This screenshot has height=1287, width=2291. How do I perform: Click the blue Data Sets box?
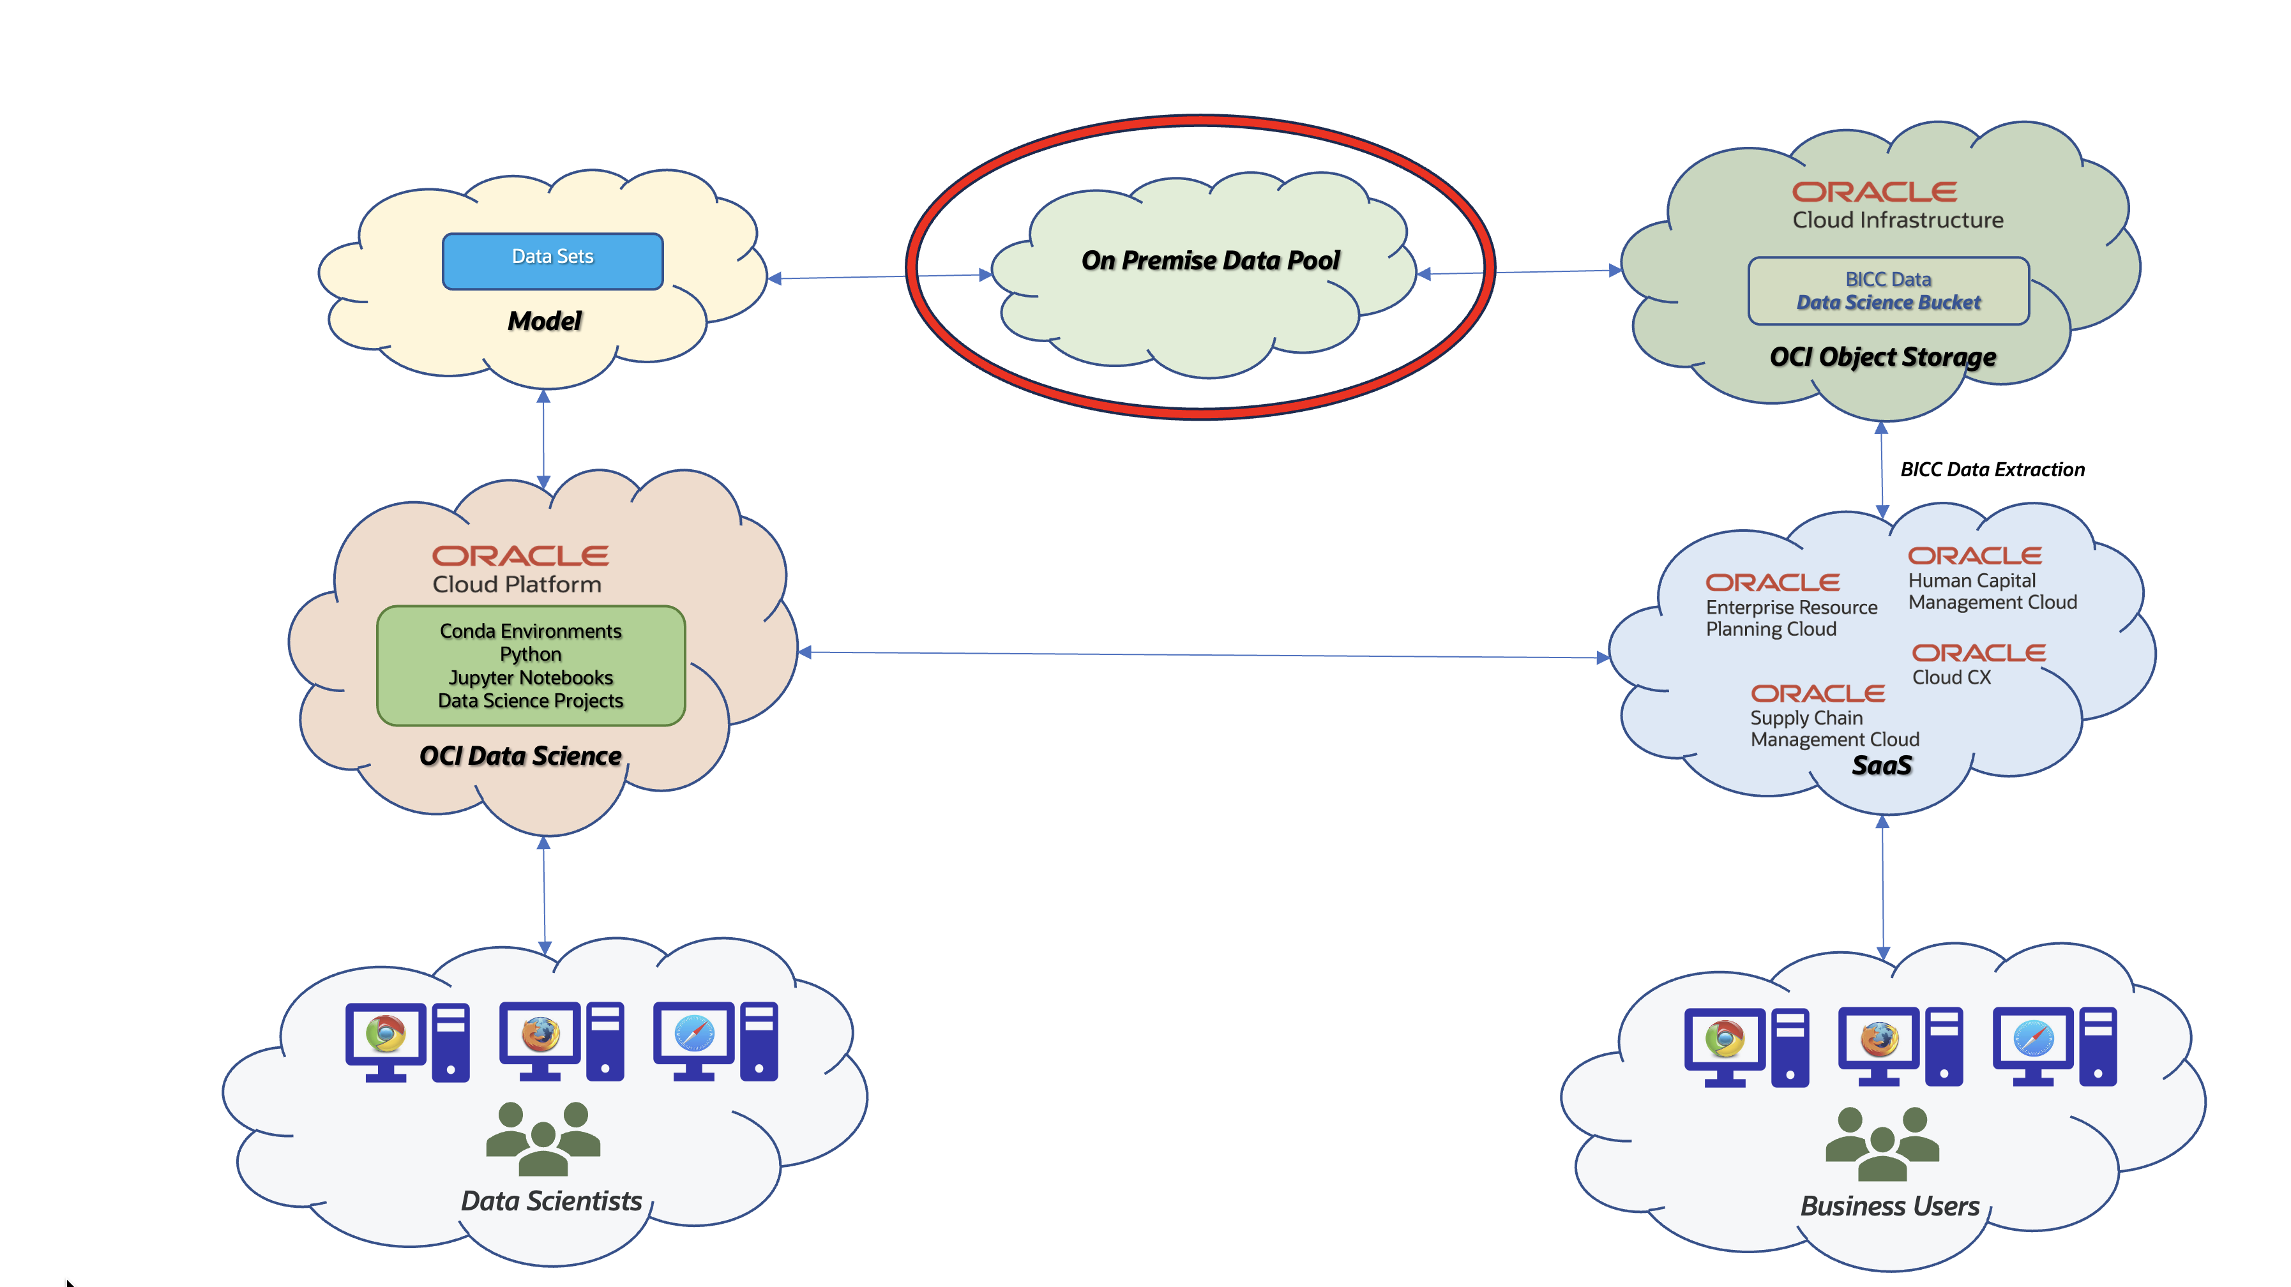pyautogui.click(x=552, y=260)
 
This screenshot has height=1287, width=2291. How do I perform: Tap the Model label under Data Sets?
pyautogui.click(x=544, y=321)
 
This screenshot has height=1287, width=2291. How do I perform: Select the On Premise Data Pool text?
pyautogui.click(x=1211, y=260)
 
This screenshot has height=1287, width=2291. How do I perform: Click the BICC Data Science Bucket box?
pyautogui.click(x=1888, y=291)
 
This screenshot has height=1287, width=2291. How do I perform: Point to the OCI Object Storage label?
pyautogui.click(x=1883, y=357)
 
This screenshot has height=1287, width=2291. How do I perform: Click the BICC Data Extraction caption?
pyautogui.click(x=1992, y=470)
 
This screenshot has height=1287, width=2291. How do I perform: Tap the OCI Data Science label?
pyautogui.click(x=520, y=756)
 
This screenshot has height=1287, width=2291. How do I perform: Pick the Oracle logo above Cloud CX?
pyautogui.click(x=1979, y=653)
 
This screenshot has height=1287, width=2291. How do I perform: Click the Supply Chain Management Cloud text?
pyautogui.click(x=1834, y=728)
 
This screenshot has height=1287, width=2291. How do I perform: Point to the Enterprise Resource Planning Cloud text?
pyautogui.click(x=1791, y=618)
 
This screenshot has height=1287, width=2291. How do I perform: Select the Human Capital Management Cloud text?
pyautogui.click(x=1992, y=591)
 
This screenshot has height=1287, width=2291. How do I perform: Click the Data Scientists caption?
pyautogui.click(x=552, y=1201)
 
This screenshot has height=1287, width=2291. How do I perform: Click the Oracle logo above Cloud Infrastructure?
pyautogui.click(x=1874, y=192)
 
